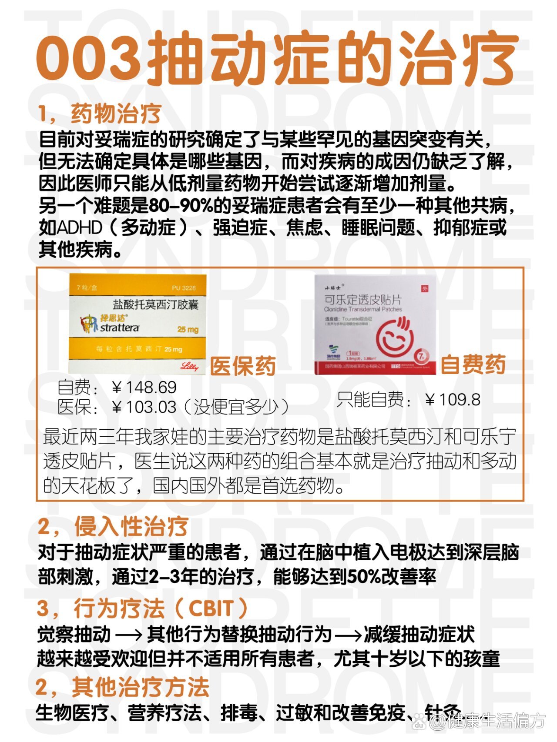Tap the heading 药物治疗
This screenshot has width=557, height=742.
coord(116,114)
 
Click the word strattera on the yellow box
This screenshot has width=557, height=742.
coord(120,328)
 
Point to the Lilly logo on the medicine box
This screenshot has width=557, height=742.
coord(189,366)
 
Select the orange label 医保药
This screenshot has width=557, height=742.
coord(243,366)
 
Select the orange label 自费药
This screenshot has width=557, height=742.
coord(473,364)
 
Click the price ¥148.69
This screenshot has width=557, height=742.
coord(144,387)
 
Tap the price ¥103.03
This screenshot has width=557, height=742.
coord(144,407)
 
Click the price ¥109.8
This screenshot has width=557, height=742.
coord(453,399)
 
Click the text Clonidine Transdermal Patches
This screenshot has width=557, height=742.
coord(363,309)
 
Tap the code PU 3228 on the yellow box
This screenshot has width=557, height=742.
coord(184,287)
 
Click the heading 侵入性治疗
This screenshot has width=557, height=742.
coord(131,527)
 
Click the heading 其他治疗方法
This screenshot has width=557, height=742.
coord(140,687)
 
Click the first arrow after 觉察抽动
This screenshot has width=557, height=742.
coord(128,635)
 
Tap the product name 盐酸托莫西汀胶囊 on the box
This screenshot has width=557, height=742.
coord(155,304)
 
